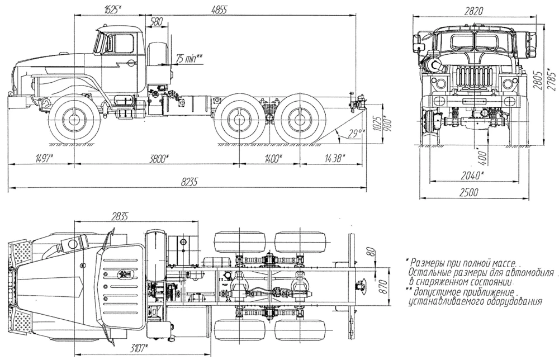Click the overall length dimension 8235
pyautogui.click(x=190, y=182)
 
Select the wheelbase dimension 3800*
pyautogui.click(x=159, y=159)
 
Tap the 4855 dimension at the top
pyautogui.click(x=219, y=10)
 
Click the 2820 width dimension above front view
pyautogui.click(x=474, y=11)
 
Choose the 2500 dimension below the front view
pyautogui.click(x=468, y=193)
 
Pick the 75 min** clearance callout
pyautogui.click(x=190, y=59)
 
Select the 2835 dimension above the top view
pyautogui.click(x=120, y=216)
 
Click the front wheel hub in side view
pyautogui.click(x=74, y=120)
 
